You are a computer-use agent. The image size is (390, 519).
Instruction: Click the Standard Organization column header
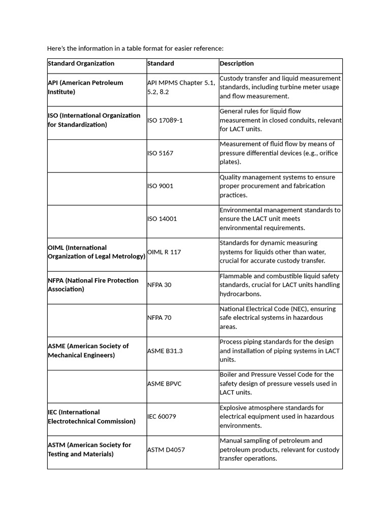81,64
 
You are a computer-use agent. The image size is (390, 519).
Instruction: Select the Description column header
237,64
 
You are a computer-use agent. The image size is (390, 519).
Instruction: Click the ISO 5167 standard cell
160,153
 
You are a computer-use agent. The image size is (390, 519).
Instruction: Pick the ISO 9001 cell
160,186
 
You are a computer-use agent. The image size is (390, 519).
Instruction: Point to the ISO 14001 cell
162,219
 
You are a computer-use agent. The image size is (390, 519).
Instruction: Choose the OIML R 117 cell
164,252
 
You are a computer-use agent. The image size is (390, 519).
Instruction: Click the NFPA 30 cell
159,285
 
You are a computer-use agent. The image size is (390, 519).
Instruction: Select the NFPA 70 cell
159,318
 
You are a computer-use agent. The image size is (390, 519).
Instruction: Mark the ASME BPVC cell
164,384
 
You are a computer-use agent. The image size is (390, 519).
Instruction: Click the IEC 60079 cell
162,417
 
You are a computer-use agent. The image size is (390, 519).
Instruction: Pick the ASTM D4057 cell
166,450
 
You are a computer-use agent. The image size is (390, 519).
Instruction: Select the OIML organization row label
96,252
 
